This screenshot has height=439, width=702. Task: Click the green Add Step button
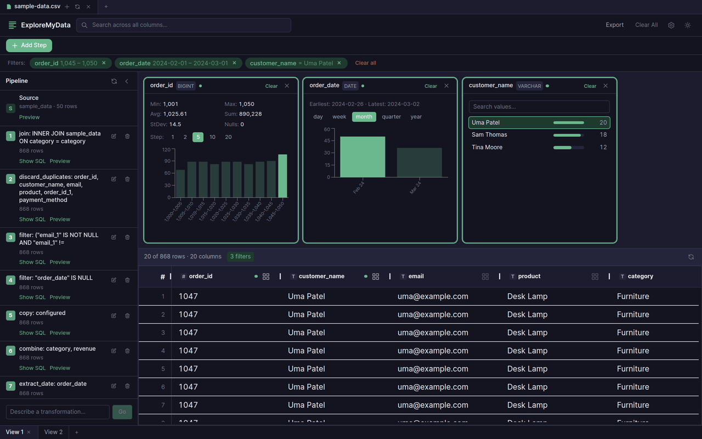[x=29, y=46]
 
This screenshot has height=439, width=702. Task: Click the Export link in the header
[x=614, y=25]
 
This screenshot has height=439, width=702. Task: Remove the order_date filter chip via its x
[x=234, y=63]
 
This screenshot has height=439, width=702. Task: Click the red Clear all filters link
[x=365, y=63]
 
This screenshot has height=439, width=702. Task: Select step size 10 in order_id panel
[x=212, y=137]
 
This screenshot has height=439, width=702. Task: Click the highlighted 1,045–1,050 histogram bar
[x=282, y=176]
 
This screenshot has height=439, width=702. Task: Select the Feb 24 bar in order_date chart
[x=363, y=157]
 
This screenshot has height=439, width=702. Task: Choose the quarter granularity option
[x=391, y=117]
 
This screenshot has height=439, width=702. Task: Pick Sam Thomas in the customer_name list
[x=489, y=135]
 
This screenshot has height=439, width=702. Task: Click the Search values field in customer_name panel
[x=539, y=106]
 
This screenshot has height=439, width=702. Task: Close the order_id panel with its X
[x=287, y=86]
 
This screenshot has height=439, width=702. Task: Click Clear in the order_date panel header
[x=431, y=86]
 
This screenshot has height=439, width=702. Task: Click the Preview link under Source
[x=29, y=117]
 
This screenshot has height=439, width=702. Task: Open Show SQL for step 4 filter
[x=32, y=297]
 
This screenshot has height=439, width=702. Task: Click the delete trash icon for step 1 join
[x=127, y=136]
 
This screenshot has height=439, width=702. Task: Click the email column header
[x=416, y=277]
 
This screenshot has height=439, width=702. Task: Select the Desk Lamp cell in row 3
[x=527, y=333]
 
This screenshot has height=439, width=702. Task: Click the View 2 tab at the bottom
[x=53, y=432]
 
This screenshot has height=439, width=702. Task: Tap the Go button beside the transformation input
[x=122, y=412]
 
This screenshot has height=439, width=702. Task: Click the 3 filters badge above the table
[x=240, y=256]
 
